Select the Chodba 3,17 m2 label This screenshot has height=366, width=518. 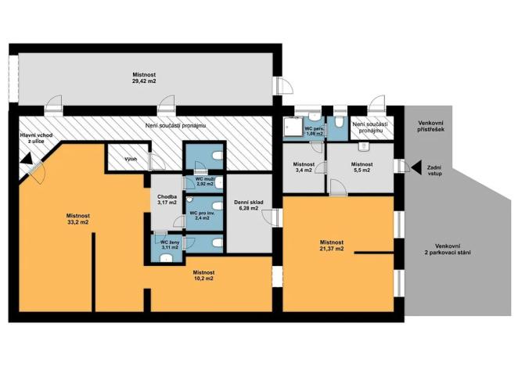click(x=167, y=199)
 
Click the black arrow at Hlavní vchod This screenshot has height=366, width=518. click(x=26, y=159)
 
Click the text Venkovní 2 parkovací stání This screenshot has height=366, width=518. click(x=448, y=249)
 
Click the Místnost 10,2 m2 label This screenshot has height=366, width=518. click(x=203, y=275)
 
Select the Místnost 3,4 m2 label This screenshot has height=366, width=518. click(x=304, y=167)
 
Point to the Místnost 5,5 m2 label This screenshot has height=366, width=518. click(x=362, y=167)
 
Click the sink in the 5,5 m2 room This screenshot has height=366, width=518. click(x=364, y=146)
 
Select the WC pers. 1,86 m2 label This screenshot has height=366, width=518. click(x=314, y=131)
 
